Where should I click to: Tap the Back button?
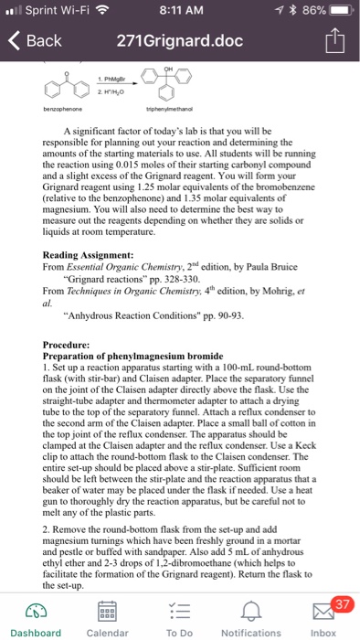pos(36,41)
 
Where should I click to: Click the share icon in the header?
pos(335,40)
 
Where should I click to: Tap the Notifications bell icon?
pos(250,607)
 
